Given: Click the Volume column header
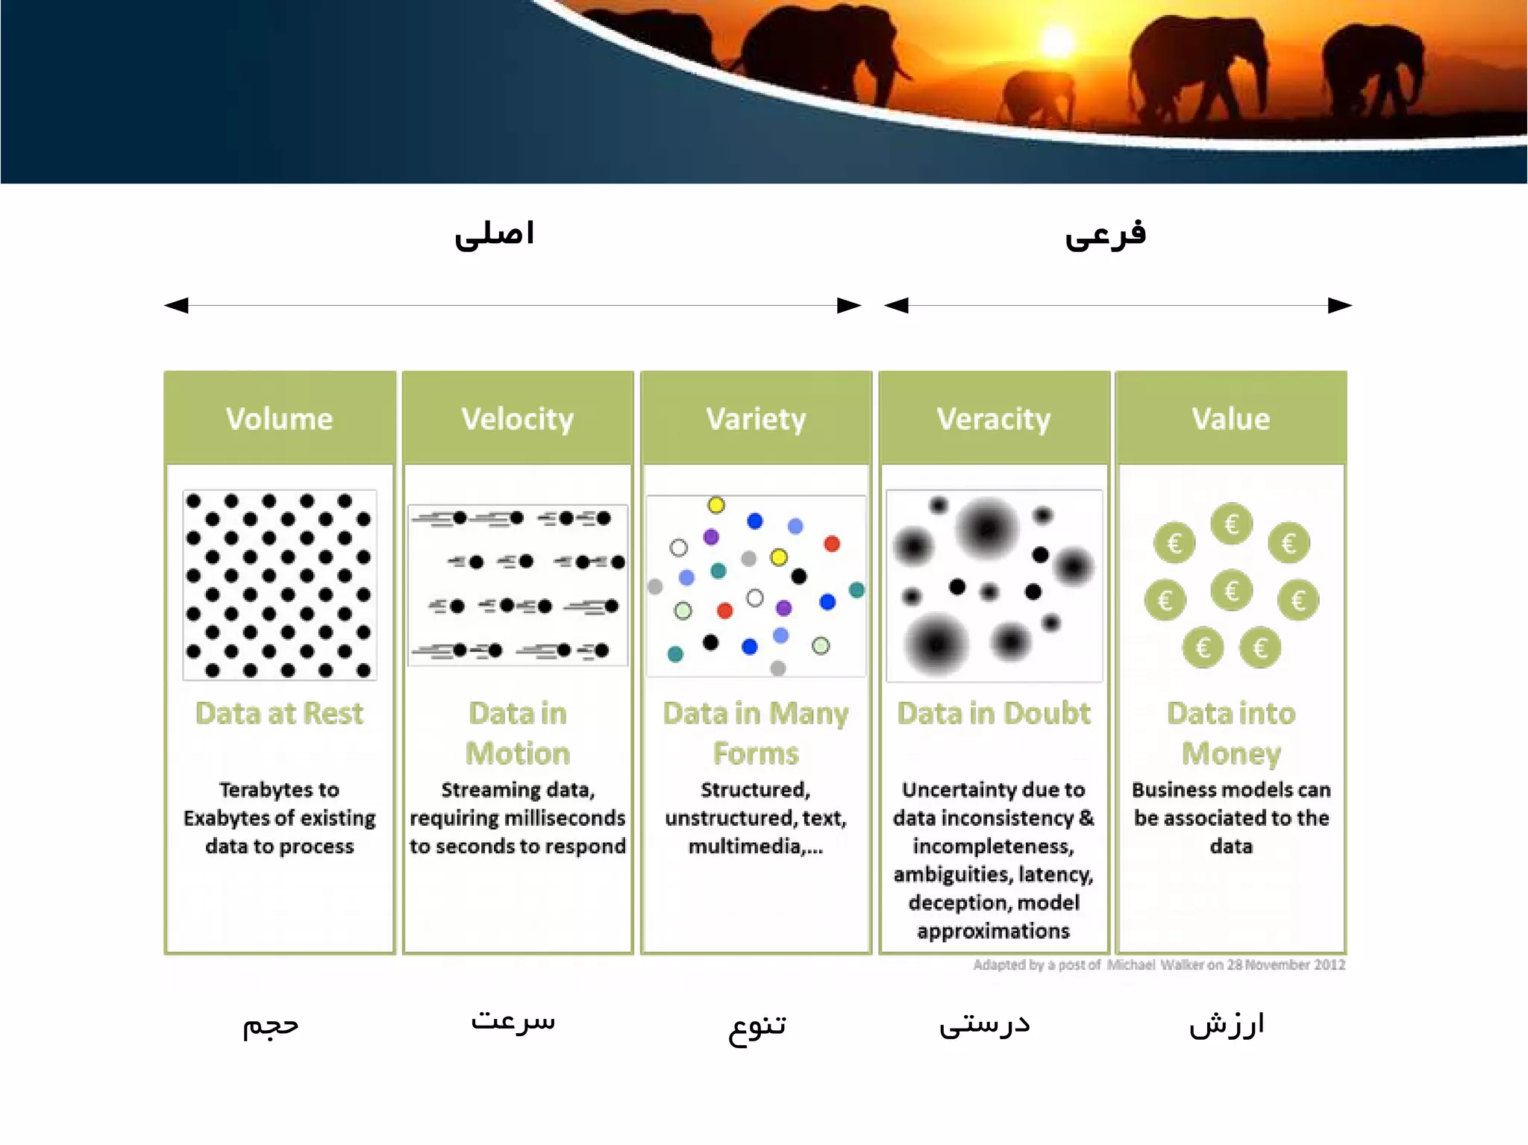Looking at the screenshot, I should [x=279, y=419].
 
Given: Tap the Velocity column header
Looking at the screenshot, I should [x=517, y=419].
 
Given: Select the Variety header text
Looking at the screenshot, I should [x=756, y=419].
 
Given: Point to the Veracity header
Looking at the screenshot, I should [x=994, y=419].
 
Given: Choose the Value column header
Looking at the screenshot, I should [x=1231, y=419].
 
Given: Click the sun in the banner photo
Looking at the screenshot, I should [x=1057, y=41].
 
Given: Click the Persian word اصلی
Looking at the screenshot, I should [x=495, y=234].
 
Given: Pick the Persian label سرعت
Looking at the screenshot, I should [x=513, y=1020].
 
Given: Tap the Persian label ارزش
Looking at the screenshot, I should [x=1227, y=1024].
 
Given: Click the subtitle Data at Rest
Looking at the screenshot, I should [x=279, y=714].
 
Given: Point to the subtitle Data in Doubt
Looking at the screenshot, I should [x=994, y=714].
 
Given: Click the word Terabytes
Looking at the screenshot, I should [x=268, y=790].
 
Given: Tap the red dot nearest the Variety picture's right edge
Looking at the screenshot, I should [x=832, y=544].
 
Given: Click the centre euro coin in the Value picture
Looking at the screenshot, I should [x=1231, y=591].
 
